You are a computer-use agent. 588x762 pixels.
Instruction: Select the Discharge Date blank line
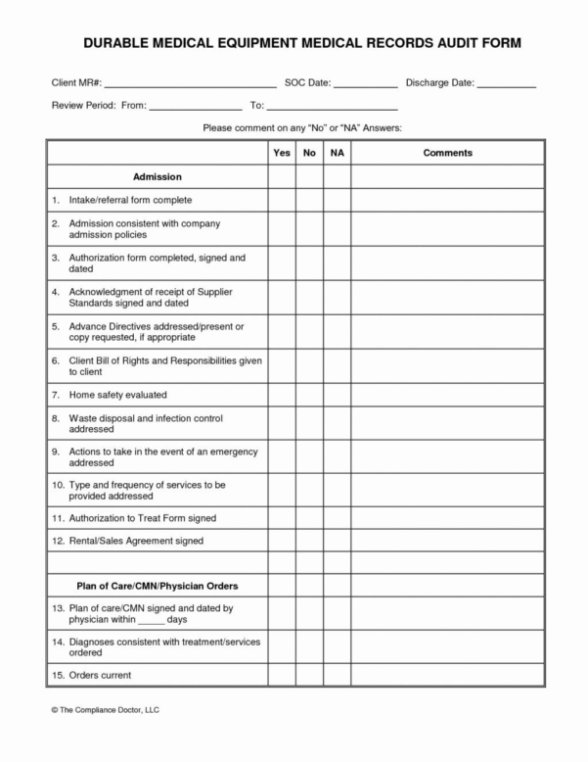click(507, 85)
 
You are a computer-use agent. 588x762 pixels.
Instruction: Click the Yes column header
click(282, 153)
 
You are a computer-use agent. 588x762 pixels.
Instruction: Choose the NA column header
click(337, 153)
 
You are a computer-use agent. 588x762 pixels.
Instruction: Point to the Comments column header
click(447, 153)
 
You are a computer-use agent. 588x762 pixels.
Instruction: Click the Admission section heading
click(158, 177)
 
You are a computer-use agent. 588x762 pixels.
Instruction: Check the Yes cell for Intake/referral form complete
click(282, 201)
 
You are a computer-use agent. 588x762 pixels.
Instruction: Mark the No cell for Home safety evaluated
click(309, 395)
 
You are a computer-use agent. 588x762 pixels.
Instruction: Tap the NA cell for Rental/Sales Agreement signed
click(337, 541)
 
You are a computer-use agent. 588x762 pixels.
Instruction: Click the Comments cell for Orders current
click(447, 675)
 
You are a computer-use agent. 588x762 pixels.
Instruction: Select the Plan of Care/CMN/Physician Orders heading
click(158, 586)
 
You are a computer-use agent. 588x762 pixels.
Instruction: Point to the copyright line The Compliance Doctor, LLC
click(103, 707)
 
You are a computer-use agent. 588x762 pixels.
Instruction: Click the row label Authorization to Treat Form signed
click(142, 517)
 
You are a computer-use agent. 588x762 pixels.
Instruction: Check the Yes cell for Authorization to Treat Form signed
click(282, 517)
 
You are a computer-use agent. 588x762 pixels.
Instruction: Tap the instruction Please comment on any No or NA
click(301, 128)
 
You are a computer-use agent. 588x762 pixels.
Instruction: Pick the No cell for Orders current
click(309, 675)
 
